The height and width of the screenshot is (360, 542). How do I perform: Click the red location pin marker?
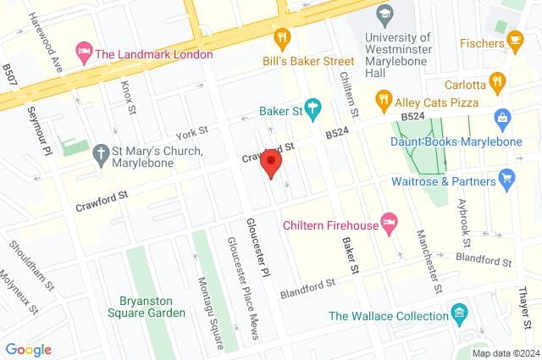271,163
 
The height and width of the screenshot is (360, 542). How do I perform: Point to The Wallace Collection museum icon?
459,313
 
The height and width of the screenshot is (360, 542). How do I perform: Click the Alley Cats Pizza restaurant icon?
384,98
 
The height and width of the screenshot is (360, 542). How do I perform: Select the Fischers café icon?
513,40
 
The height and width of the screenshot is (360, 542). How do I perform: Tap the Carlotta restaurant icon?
497,82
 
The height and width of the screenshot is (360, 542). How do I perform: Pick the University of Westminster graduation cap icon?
385,15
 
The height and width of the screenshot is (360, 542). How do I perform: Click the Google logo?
28,349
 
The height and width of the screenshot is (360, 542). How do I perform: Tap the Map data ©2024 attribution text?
505,353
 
